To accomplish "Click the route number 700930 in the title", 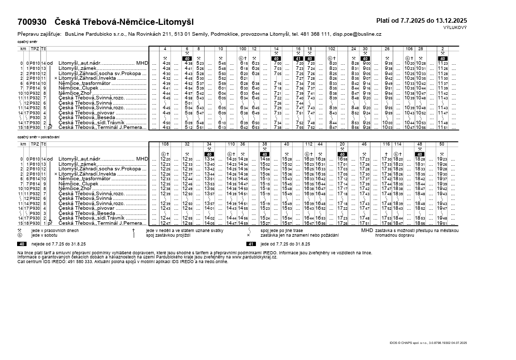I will (x=32, y=22).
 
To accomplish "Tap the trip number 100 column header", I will (x=242, y=48).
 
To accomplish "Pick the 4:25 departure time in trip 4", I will (x=166, y=63).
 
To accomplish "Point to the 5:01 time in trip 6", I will (x=188, y=103).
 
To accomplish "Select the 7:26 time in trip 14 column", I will (x=277, y=103).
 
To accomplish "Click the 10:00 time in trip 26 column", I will (x=387, y=122).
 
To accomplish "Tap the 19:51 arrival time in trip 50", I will (x=442, y=223).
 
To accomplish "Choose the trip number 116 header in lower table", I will (x=386, y=144).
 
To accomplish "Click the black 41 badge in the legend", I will (x=251, y=243).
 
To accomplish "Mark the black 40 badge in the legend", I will (x=22, y=243).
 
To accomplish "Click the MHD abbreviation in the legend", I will (x=367, y=230).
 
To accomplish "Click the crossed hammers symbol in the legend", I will (x=20, y=230).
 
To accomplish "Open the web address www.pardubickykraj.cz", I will (x=254, y=256).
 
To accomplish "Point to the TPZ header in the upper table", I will (x=34, y=48).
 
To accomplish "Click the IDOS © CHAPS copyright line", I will (x=428, y=343).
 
